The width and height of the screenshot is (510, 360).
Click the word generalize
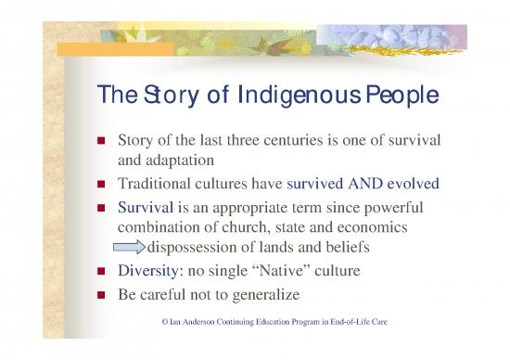point(303,298)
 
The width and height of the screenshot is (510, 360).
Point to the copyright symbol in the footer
point(165,321)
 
